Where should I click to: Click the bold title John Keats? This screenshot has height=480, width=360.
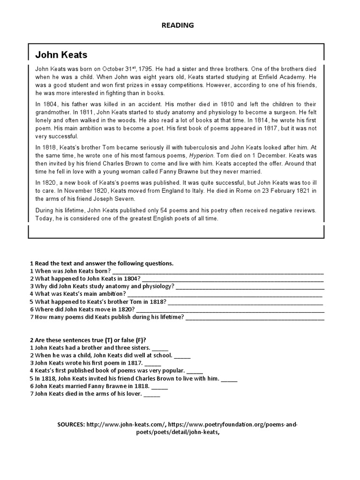(61, 55)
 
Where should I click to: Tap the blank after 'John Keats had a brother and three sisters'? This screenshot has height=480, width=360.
(160, 348)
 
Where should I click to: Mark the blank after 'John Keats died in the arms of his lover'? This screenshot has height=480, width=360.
(152, 394)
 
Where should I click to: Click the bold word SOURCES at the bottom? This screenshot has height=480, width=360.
(71, 424)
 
